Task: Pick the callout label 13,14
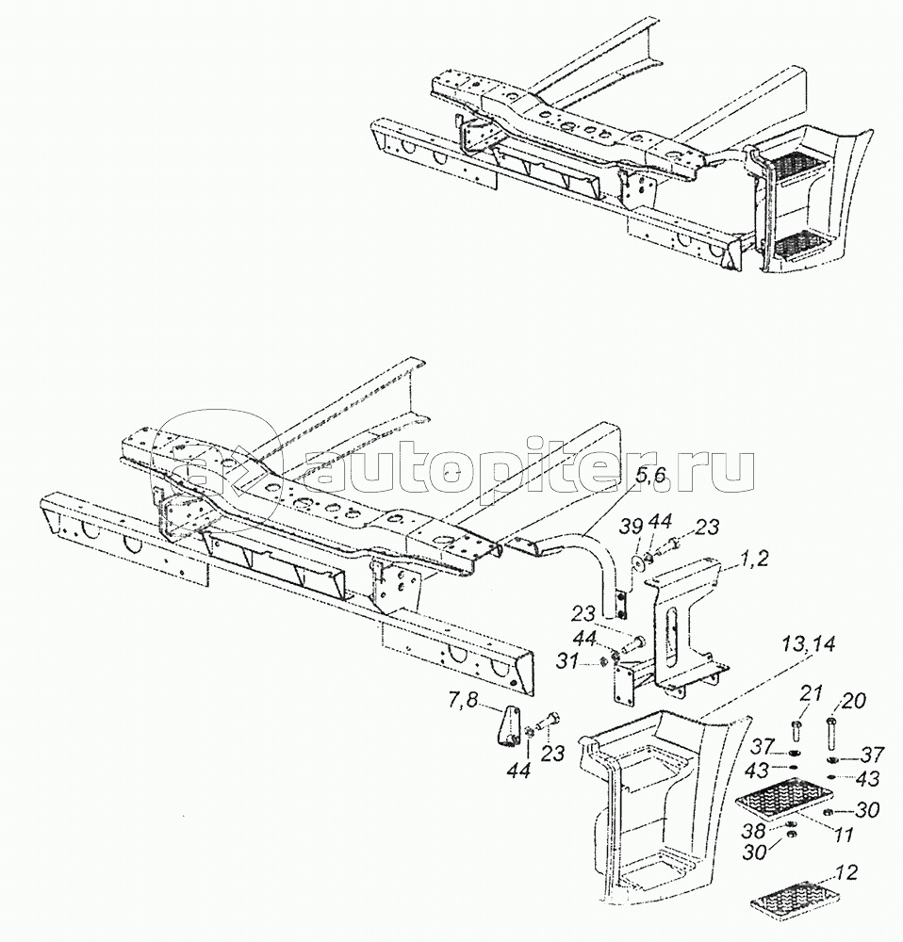(808, 646)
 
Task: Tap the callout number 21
(810, 695)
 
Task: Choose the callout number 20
(854, 701)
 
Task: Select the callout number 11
(845, 835)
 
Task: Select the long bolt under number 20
(831, 735)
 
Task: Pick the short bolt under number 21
(796, 731)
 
